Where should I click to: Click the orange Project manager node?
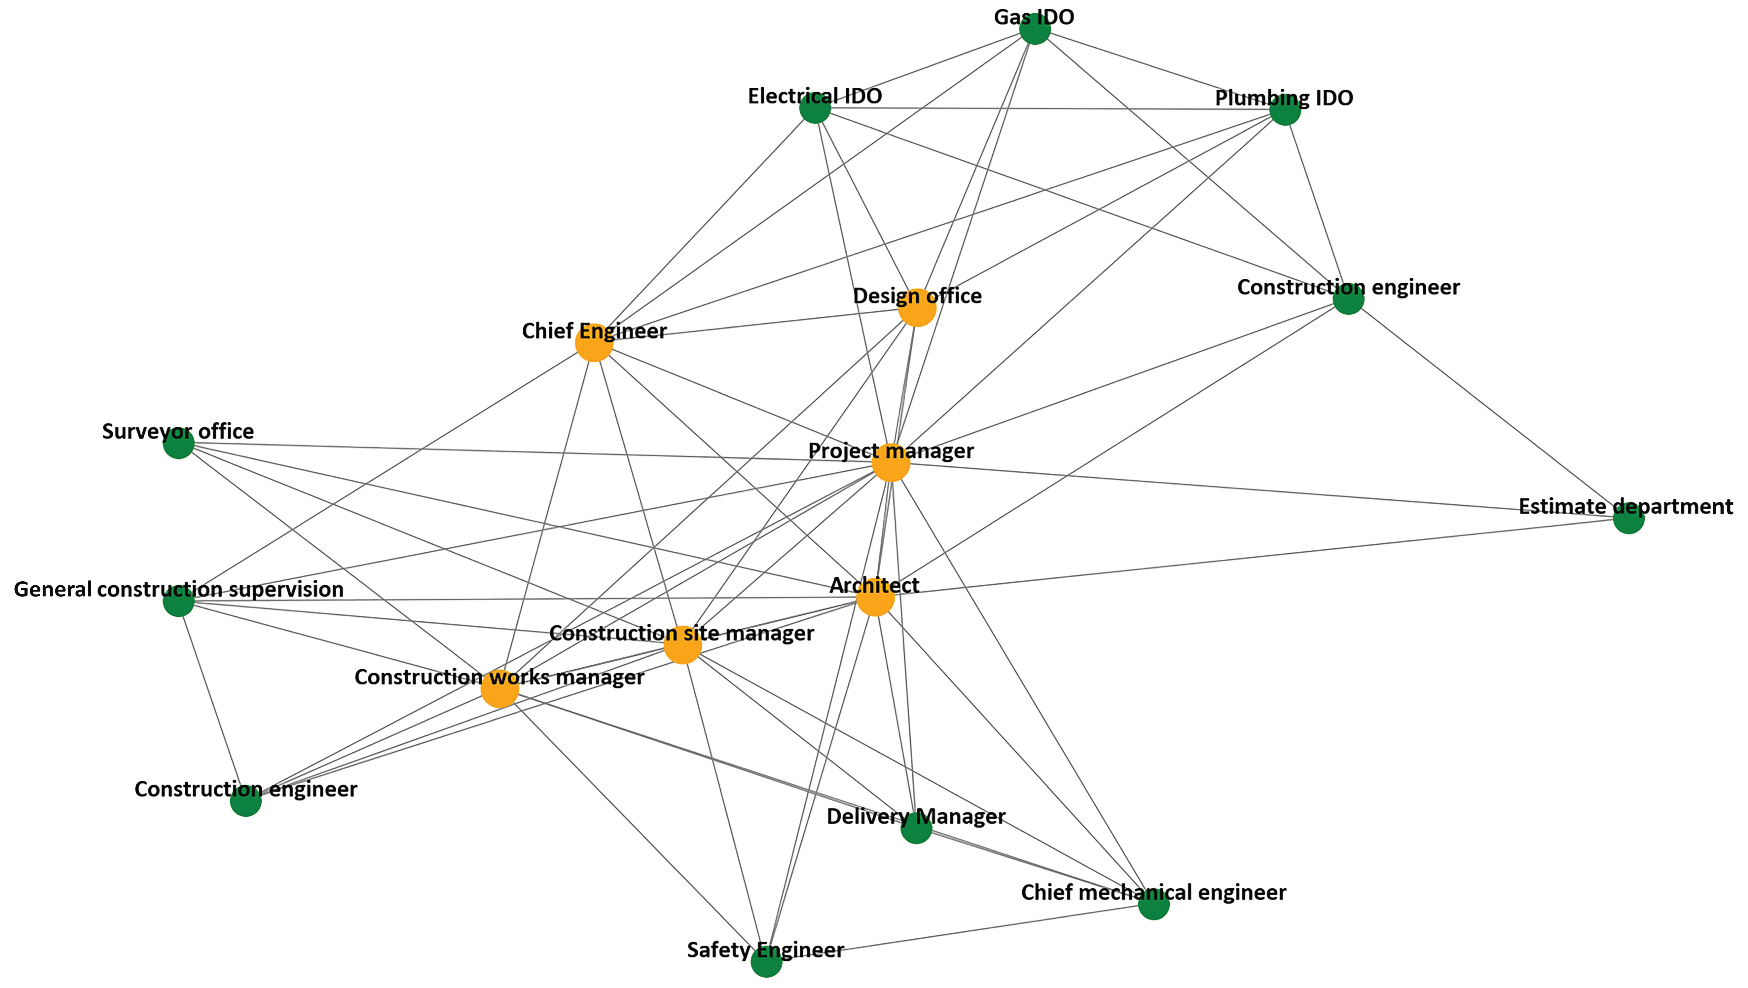pyautogui.click(x=890, y=463)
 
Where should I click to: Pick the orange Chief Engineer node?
pyautogui.click(x=594, y=343)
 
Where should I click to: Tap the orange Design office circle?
pyautogui.click(x=917, y=307)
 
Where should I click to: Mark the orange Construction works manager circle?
pyautogui.click(x=499, y=689)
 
